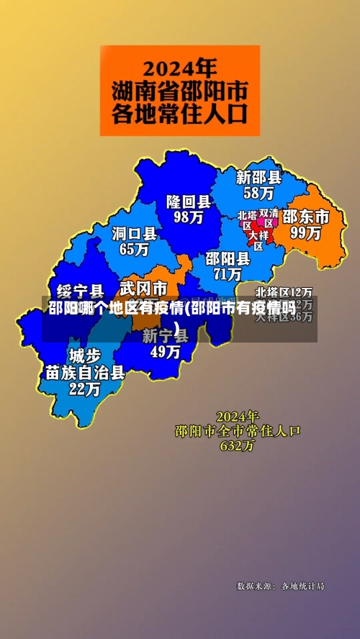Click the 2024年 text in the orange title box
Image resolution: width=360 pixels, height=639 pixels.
[179, 68]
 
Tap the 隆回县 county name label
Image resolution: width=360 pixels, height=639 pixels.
[189, 201]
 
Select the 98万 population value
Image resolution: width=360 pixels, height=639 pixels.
[189, 216]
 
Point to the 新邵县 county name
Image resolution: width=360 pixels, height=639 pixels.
[259, 177]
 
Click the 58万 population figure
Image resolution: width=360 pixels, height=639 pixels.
[258, 193]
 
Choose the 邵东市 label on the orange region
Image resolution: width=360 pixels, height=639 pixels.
[305, 216]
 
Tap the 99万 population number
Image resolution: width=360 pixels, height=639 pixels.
[305, 232]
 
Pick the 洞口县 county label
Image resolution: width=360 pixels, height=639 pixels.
[135, 233]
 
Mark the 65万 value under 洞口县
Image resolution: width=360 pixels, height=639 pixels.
[134, 249]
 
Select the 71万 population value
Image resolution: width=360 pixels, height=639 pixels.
[228, 274]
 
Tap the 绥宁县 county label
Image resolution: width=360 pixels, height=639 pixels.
[80, 291]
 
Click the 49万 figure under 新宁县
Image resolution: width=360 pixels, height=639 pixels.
[165, 352]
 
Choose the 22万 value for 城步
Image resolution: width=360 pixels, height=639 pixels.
[85, 389]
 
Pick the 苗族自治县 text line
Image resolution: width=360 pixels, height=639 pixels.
[85, 373]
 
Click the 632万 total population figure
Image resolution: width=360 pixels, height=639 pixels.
[238, 446]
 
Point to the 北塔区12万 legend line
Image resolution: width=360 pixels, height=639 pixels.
[284, 292]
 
